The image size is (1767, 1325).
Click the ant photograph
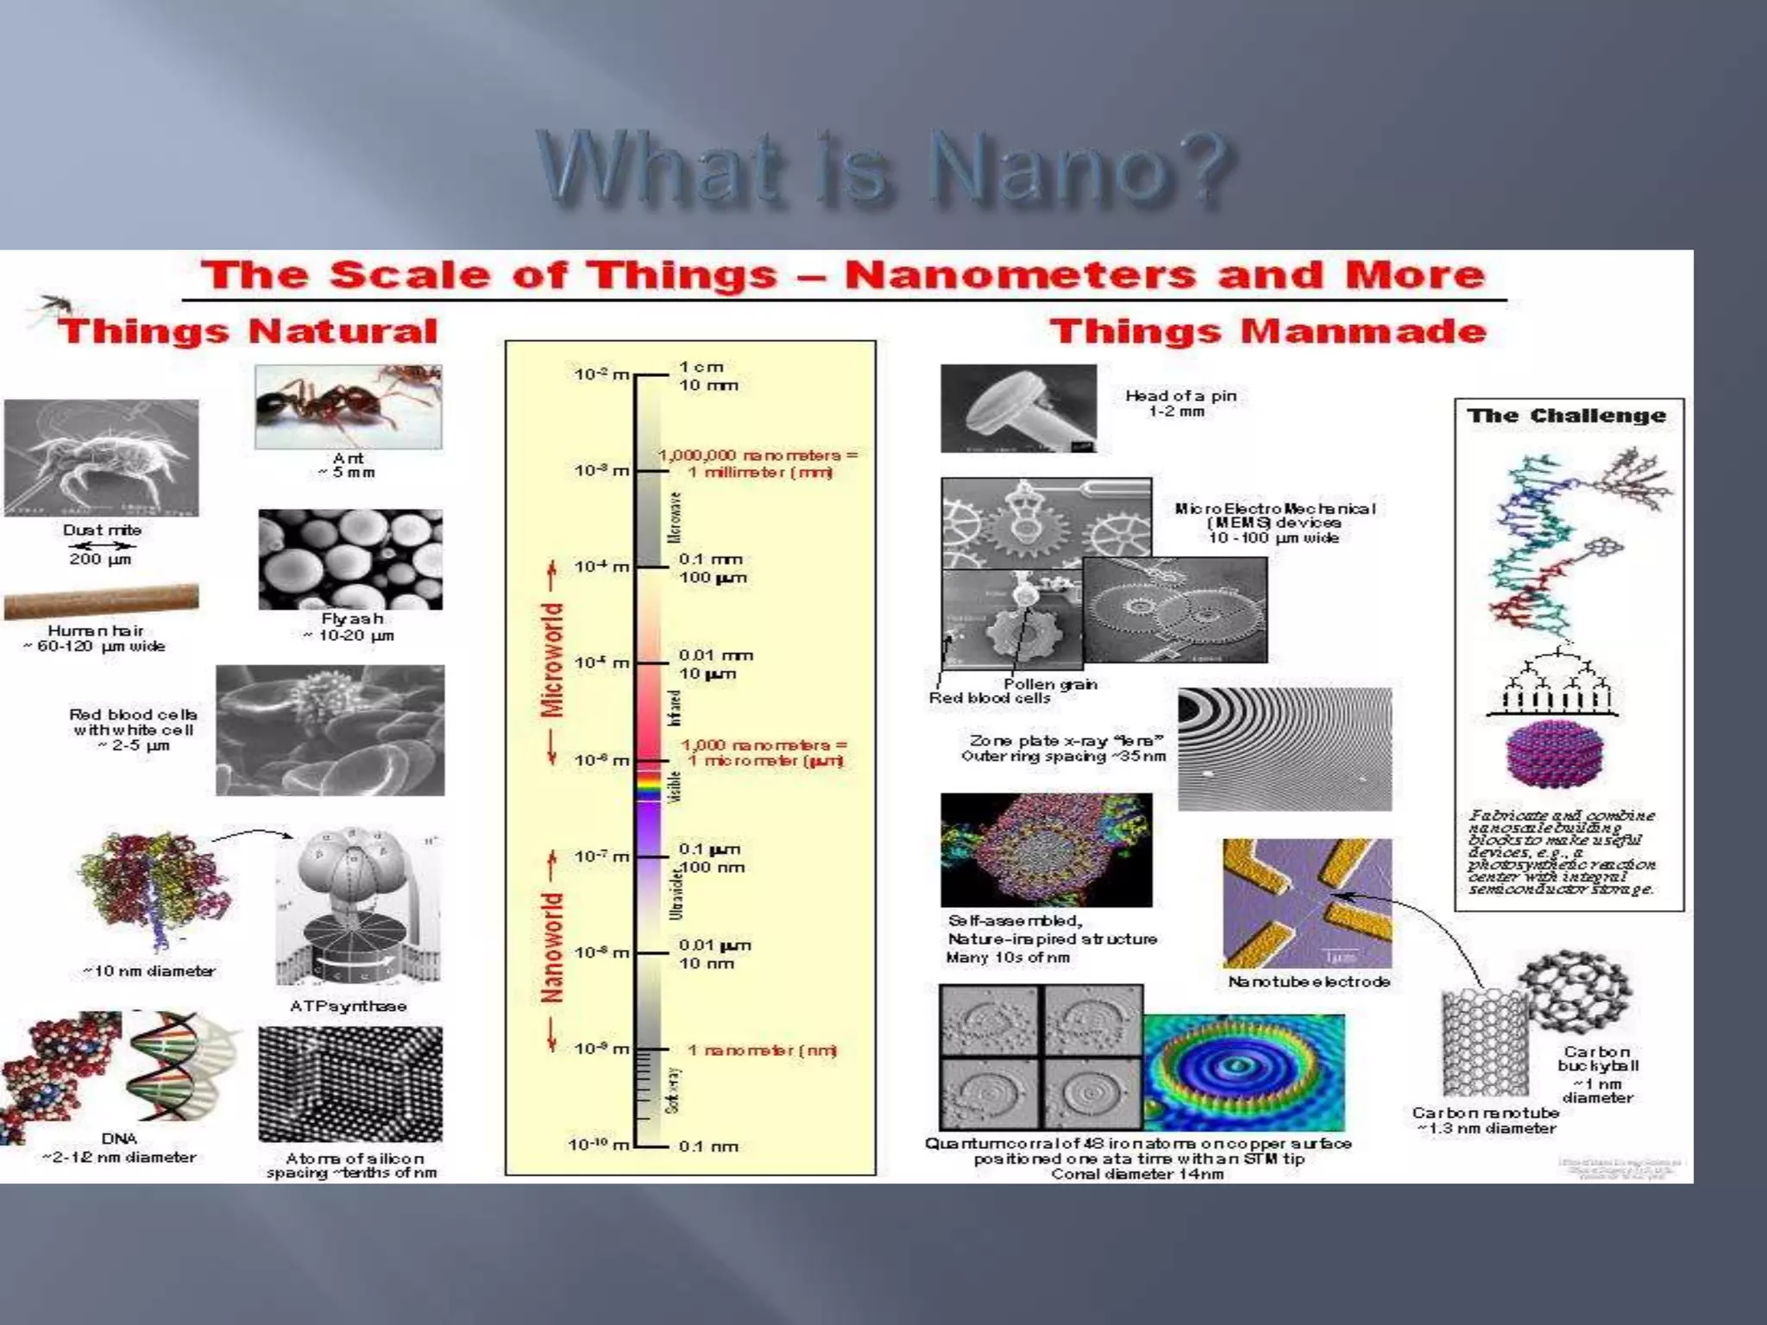tap(349, 406)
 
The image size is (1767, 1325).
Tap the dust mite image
tap(101, 457)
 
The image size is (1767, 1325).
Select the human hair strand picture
tap(101, 600)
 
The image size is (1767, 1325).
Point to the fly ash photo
tap(350, 560)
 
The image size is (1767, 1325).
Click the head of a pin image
tap(1018, 408)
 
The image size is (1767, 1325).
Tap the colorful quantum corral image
tap(1243, 1072)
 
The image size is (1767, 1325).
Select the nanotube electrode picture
tap(1307, 903)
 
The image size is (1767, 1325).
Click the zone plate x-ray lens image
tap(1285, 749)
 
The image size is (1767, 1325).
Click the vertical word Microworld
tap(552, 661)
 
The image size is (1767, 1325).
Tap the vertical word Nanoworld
tap(552, 948)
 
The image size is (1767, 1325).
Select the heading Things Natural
tap(248, 331)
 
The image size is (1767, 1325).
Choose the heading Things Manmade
tap(1268, 331)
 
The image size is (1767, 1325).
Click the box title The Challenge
tap(1567, 416)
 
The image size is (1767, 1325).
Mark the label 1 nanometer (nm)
tap(762, 1050)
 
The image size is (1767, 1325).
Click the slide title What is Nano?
tap(883, 168)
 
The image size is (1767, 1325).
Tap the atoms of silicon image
tap(350, 1084)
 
